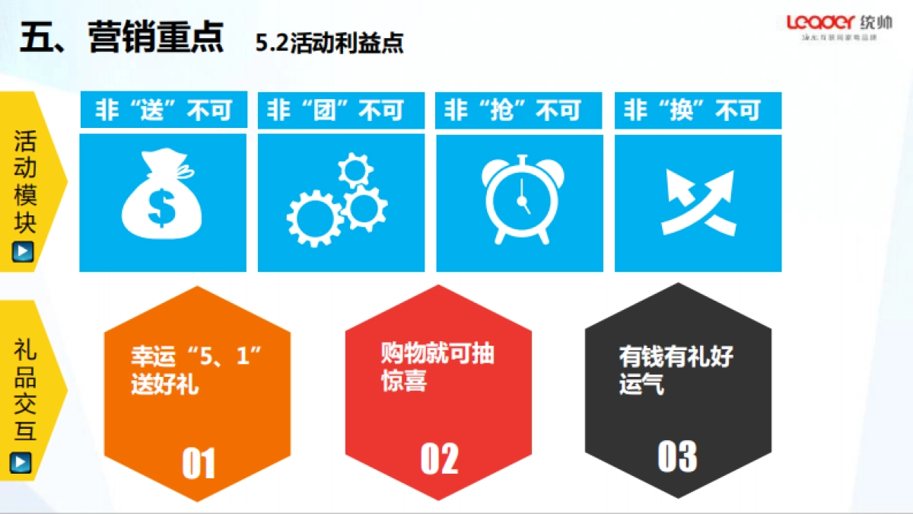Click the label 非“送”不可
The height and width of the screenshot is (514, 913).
(x=164, y=111)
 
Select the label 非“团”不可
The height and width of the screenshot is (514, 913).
(x=342, y=111)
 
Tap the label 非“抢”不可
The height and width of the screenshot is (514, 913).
(x=520, y=111)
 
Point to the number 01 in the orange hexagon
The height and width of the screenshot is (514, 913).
(x=199, y=464)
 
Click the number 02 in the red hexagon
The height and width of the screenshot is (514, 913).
(x=439, y=458)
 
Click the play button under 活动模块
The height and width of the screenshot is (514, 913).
(x=24, y=251)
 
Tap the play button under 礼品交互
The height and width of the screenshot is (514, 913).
(x=24, y=461)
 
